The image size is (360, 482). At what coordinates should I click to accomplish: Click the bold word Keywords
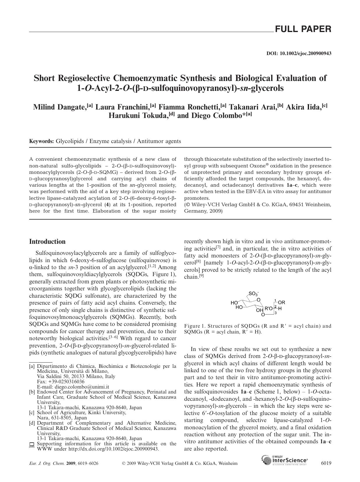point(41,141)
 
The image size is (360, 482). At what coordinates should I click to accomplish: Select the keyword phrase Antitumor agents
point(159,141)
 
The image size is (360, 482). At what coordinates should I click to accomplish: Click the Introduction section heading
point(47,241)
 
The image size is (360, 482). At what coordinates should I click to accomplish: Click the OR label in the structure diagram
point(282,303)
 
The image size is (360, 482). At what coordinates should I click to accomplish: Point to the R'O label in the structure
point(269,308)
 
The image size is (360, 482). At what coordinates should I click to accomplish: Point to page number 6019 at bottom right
point(326,463)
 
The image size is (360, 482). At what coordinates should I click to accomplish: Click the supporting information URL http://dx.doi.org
point(113,449)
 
